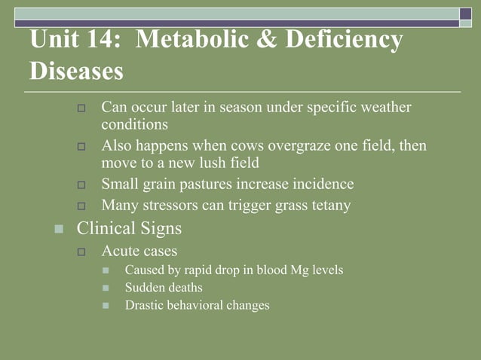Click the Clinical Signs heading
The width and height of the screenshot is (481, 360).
129,227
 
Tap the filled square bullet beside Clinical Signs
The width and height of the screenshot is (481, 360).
58,228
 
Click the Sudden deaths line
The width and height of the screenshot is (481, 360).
164,287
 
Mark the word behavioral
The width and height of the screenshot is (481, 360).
195,305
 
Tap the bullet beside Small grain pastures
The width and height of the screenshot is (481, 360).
83,185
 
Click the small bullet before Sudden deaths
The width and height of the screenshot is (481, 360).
106,288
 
